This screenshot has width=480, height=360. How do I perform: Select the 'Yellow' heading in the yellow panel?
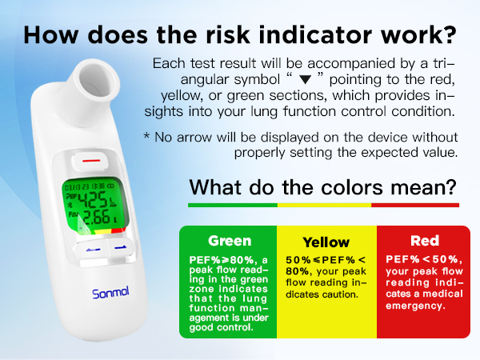326,242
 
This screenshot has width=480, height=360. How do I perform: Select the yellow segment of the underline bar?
323,205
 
